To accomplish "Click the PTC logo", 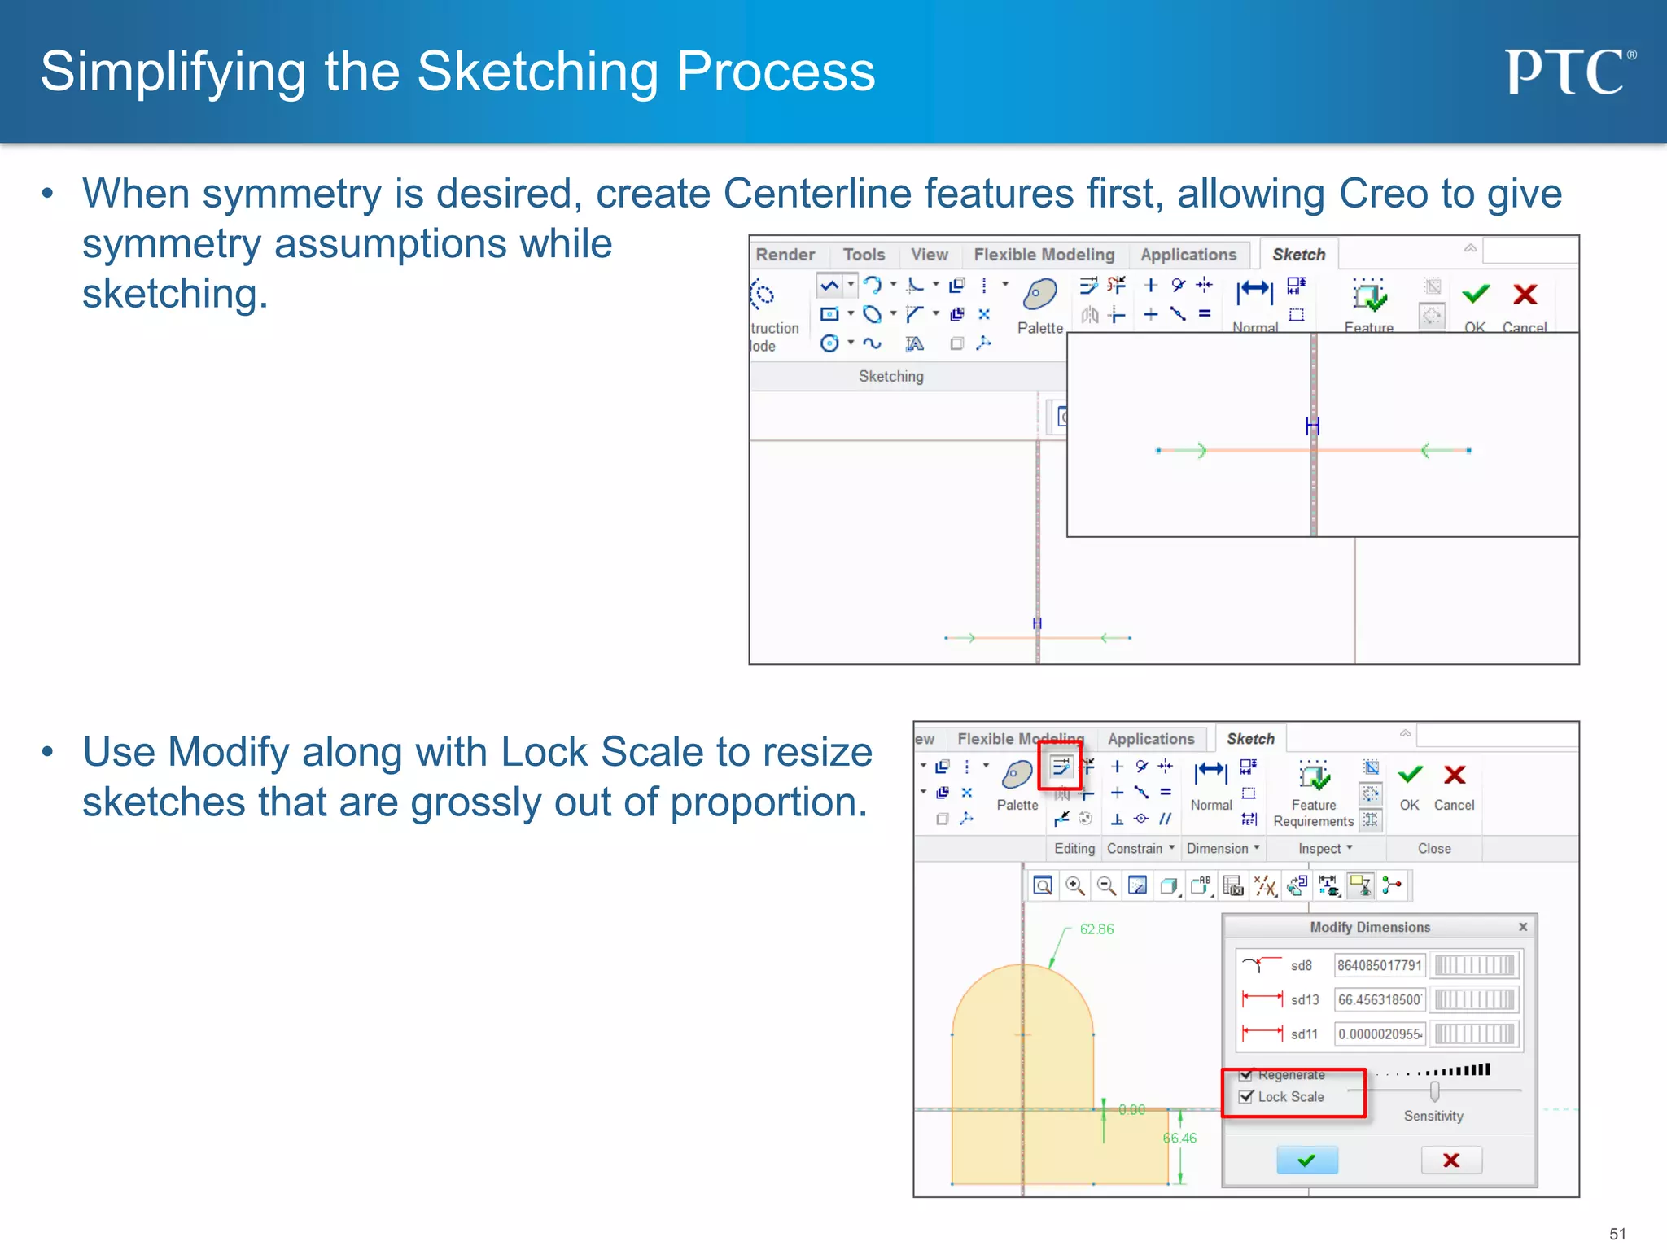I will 1568,72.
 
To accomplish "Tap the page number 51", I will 1617,1234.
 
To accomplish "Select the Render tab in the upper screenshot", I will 785,255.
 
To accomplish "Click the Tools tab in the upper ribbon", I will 864,255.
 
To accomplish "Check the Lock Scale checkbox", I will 1246,1096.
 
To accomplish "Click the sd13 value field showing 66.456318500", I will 1379,999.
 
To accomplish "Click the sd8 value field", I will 1379,965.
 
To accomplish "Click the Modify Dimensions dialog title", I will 1369,927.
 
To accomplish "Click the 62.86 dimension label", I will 1096,929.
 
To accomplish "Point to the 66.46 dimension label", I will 1179,1138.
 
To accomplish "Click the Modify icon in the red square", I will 1061,766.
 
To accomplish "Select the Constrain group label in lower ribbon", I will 1135,848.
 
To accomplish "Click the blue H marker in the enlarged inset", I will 1311,426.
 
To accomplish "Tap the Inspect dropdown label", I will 1319,848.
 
